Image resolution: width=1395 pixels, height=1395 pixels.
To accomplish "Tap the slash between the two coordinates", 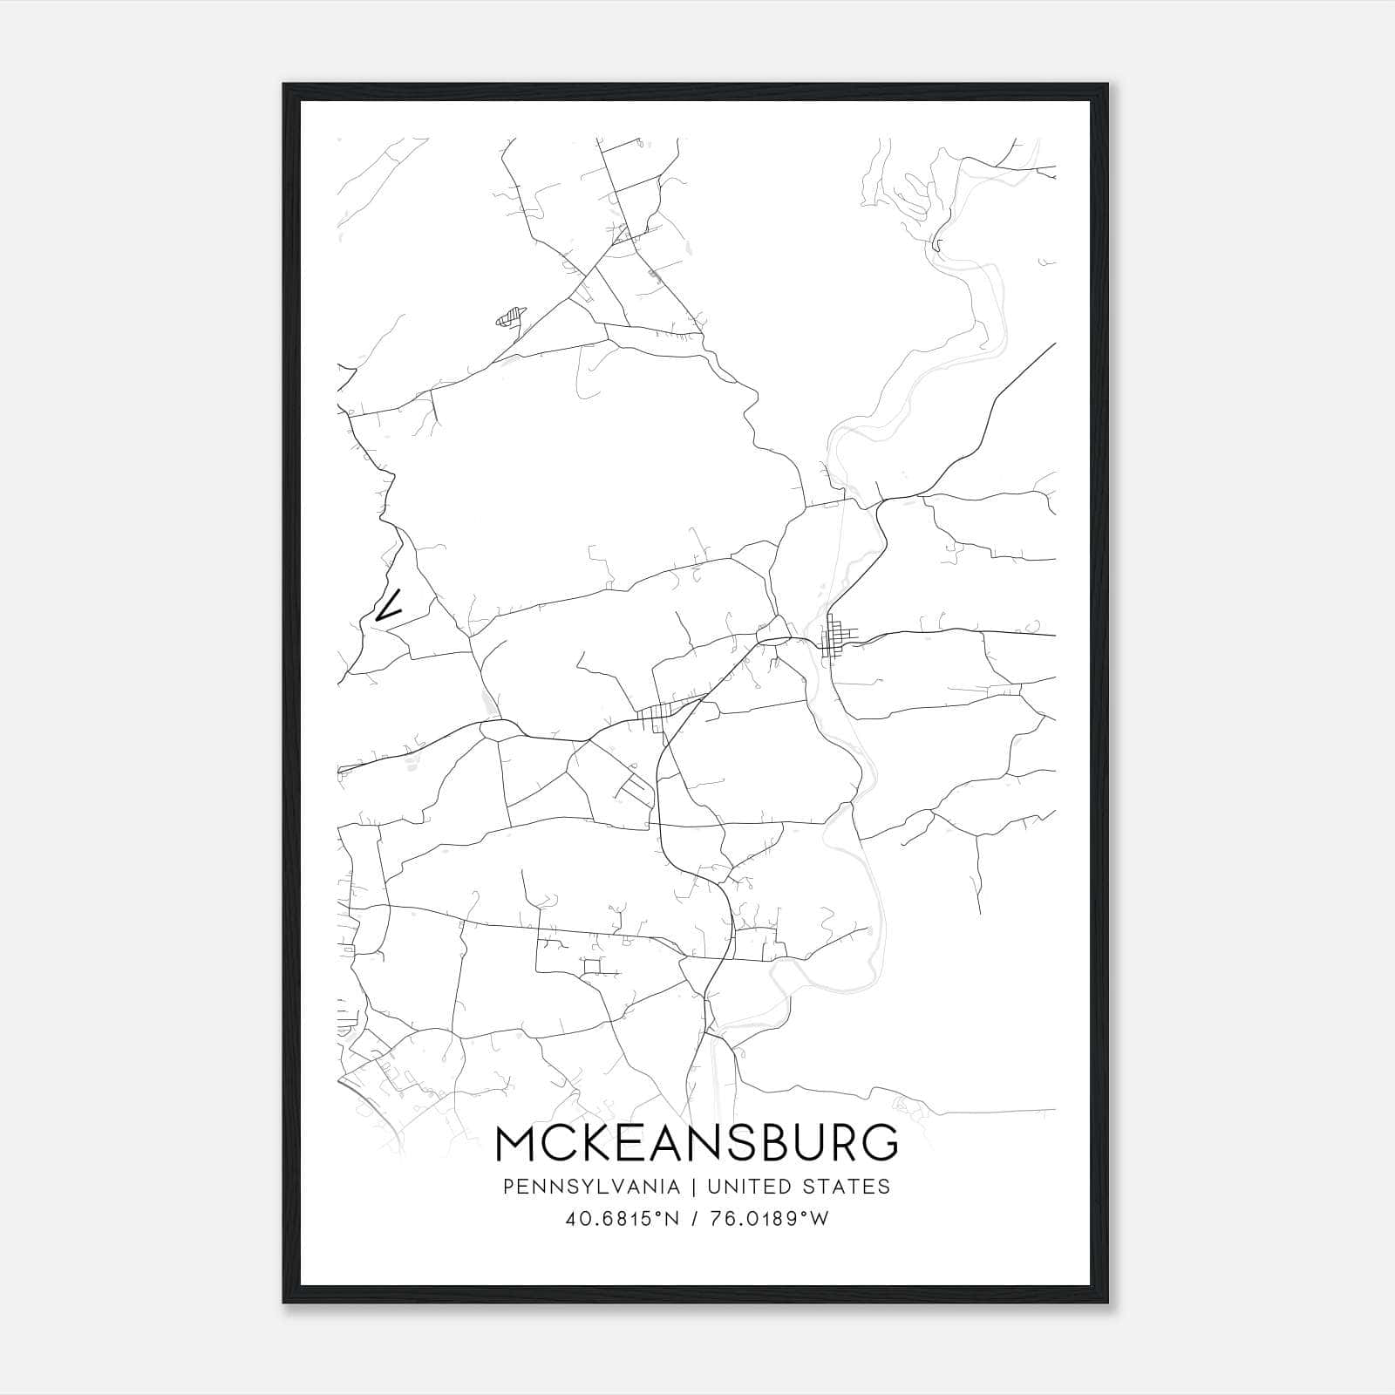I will pyautogui.click(x=695, y=1219).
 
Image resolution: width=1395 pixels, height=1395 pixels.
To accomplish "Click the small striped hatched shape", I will pyautogui.click(x=512, y=316).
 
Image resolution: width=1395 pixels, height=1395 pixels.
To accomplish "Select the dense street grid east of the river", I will pyautogui.click(x=838, y=638).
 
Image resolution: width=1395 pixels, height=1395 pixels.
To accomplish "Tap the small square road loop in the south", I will pyautogui.click(x=593, y=965).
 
